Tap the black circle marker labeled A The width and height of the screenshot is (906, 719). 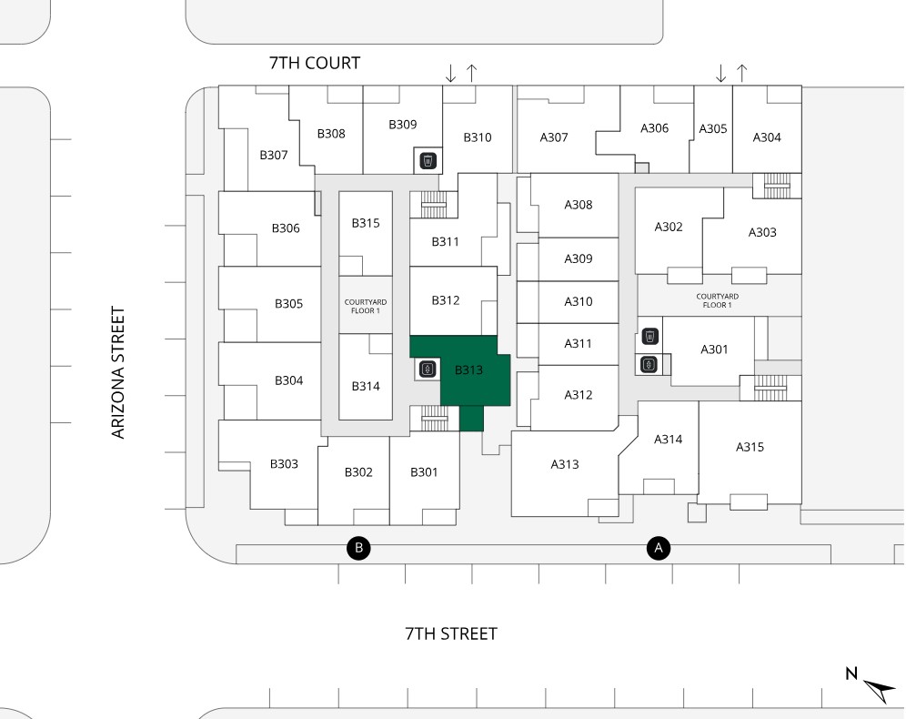[x=658, y=548]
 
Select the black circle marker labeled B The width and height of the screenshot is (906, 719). [x=359, y=548]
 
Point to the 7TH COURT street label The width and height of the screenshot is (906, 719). [x=315, y=63]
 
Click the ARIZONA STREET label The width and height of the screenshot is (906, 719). [x=118, y=373]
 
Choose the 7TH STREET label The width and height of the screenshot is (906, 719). [x=451, y=633]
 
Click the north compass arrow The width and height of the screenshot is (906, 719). [x=877, y=689]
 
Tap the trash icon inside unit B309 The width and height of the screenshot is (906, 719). [x=428, y=161]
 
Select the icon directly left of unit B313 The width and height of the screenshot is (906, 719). [x=428, y=370]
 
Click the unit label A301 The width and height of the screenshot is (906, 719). [x=714, y=349]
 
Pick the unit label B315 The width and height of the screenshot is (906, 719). [x=366, y=223]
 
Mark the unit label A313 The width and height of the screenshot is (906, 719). [x=565, y=464]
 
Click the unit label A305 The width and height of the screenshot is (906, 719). [x=713, y=128]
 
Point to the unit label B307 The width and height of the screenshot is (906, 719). [x=274, y=155]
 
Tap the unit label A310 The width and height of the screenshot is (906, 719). [x=579, y=301]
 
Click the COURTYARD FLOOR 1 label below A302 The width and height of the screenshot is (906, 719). [x=718, y=300]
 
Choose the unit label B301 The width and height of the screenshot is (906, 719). [x=424, y=471]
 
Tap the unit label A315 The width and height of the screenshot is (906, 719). [x=750, y=447]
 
